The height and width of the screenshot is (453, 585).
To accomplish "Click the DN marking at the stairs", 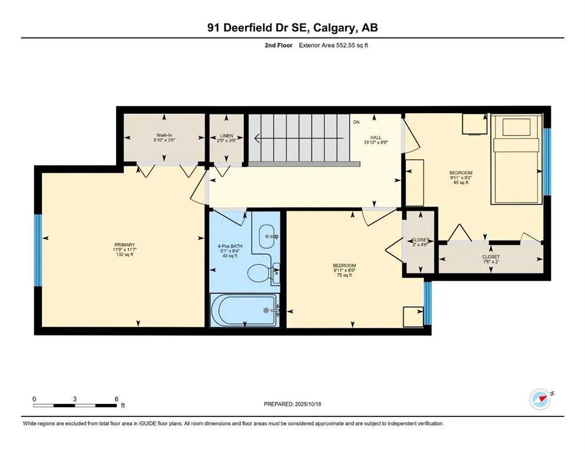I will click(356, 123).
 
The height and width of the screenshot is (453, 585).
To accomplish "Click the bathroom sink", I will click(268, 236).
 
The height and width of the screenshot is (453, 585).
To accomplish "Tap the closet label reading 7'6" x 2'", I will click(490, 260).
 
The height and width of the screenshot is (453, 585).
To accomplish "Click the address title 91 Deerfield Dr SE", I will click(292, 28).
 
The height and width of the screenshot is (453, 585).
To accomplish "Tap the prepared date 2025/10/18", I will click(292, 404).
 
